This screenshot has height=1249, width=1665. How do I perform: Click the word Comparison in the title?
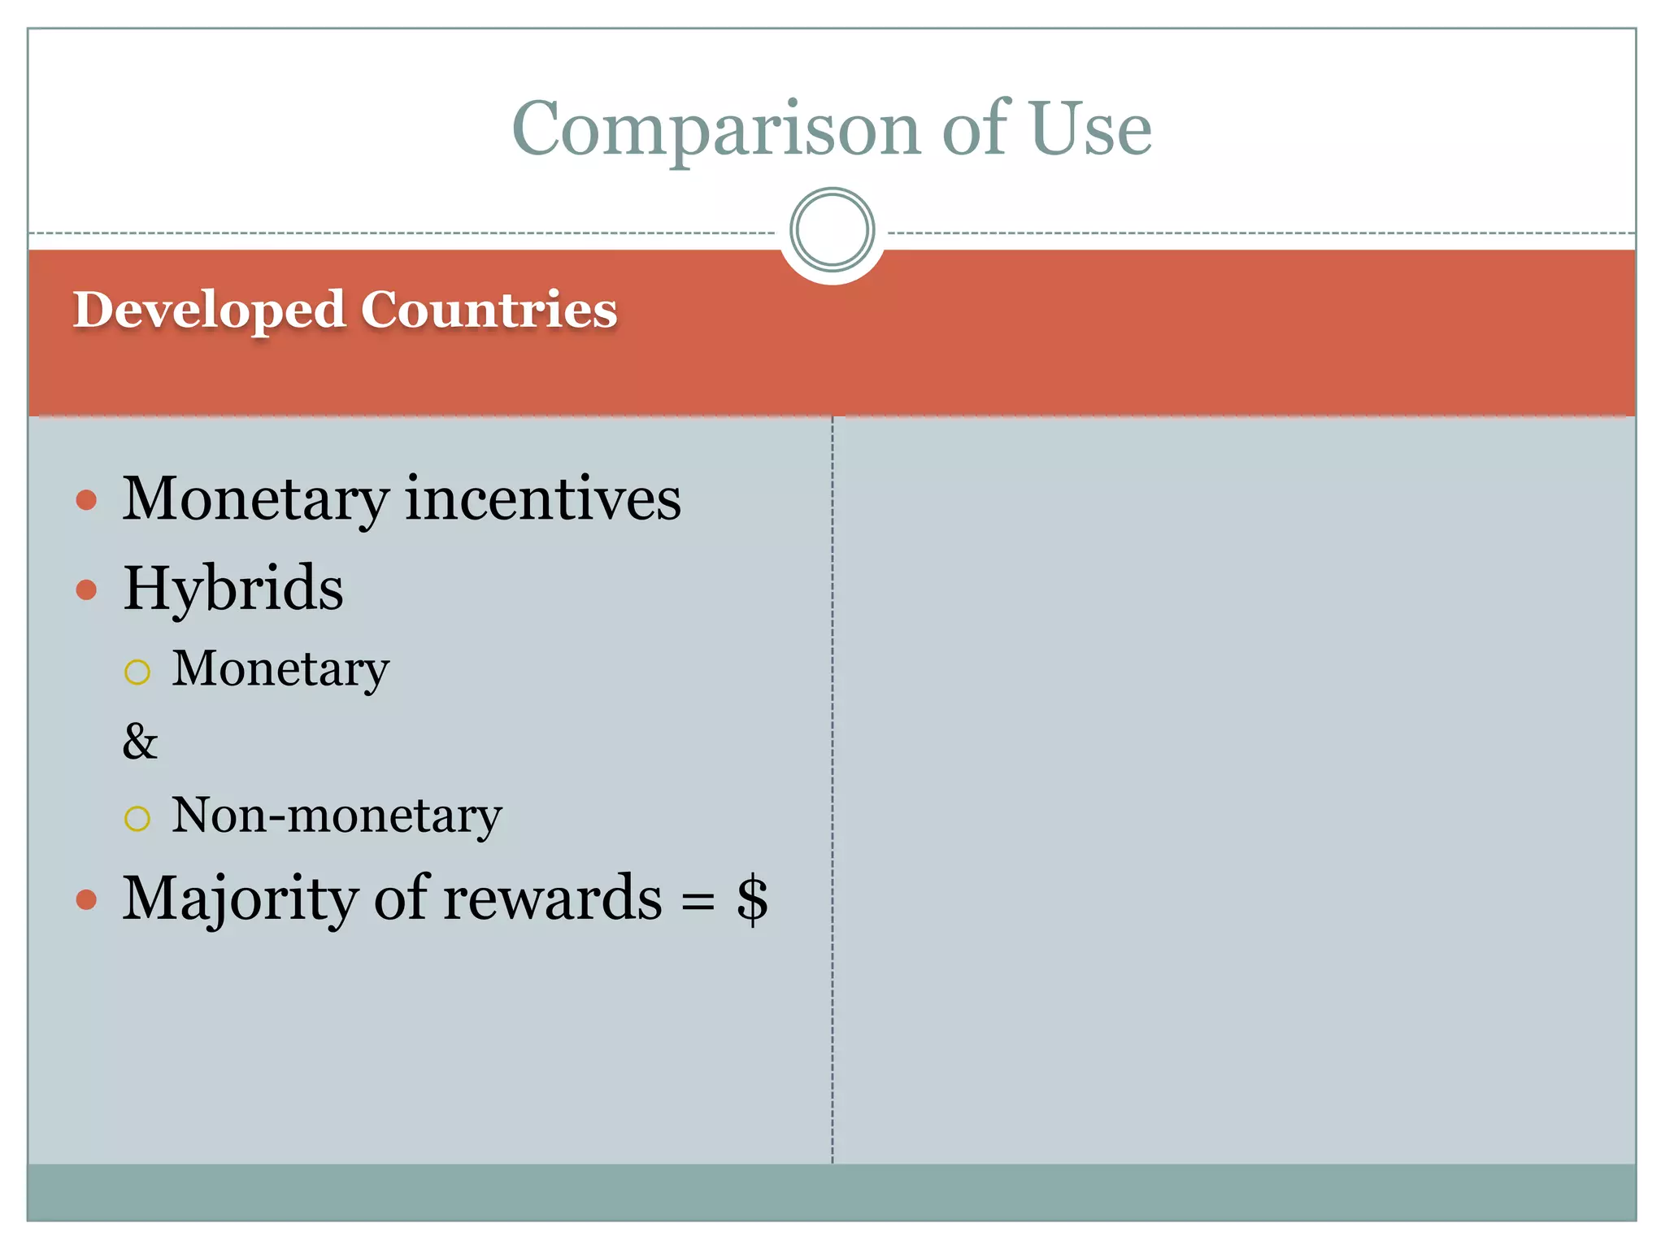[715, 130]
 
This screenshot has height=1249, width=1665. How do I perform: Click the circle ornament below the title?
[832, 230]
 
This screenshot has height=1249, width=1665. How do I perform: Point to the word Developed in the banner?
[209, 311]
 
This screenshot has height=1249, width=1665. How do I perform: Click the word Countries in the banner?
[489, 311]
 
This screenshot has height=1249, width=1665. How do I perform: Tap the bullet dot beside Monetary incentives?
[86, 500]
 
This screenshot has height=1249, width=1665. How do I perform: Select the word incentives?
[543, 498]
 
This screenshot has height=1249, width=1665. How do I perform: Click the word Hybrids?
[233, 589]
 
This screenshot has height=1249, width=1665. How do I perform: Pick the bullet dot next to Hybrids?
[86, 590]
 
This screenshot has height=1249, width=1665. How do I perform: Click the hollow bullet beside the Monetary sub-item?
[137, 672]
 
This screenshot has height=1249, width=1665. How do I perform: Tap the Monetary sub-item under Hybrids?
[280, 670]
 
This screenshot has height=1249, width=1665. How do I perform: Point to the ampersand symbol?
[140, 742]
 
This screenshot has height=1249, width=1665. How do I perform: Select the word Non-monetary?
[337, 816]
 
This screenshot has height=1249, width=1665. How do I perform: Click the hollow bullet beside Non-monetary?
[137, 818]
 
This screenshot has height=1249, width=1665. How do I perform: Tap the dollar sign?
[752, 899]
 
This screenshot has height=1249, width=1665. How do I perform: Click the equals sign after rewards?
[698, 901]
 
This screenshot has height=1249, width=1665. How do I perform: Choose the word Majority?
[241, 899]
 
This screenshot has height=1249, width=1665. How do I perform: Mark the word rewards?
[553, 899]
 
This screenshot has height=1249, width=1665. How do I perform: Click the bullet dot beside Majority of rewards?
[86, 900]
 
